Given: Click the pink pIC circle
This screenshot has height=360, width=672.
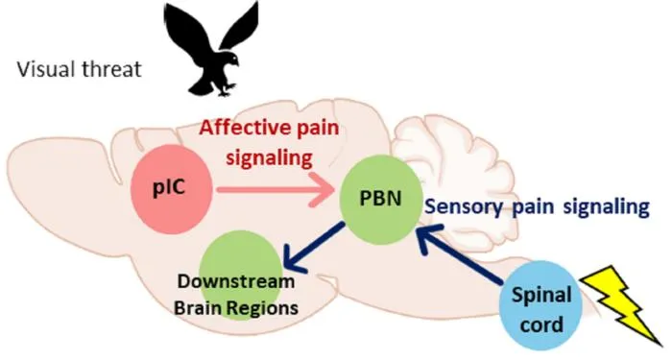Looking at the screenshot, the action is coord(172,189).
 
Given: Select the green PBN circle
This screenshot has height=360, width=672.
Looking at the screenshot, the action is coord(380,200).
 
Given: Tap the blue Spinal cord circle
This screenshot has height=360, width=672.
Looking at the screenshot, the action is coord(541,305).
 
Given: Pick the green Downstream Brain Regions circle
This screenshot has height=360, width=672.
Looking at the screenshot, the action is coord(240,270).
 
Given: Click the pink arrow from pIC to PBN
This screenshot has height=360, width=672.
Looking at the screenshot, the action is coord(276,189).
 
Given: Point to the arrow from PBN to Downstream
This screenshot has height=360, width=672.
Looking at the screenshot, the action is coord(314,247).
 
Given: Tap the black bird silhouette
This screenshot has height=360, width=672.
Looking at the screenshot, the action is coord(212,48).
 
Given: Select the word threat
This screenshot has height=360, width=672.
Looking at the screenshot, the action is coord(112,69).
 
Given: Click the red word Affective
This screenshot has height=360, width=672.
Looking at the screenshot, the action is coord(240,128).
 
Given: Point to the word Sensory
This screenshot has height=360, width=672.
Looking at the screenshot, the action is coord(464,207).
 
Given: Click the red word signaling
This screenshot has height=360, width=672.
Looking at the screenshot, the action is coord(269,158).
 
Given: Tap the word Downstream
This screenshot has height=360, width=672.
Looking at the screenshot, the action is coord(236,281).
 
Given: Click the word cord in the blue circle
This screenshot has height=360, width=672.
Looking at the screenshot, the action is coord(540,324).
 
